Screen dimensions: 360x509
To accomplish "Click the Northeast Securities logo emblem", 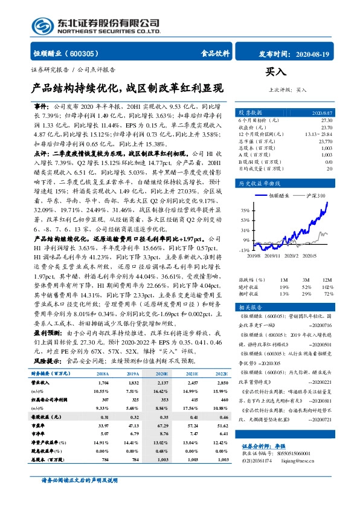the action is pyautogui.click(x=41, y=25).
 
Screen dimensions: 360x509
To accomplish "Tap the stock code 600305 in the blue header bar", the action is pyautogui.click(x=85, y=53).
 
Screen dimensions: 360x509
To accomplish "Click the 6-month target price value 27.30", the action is pyautogui.click(x=326, y=121).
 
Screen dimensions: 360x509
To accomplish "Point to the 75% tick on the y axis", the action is pyautogui.click(x=245, y=211).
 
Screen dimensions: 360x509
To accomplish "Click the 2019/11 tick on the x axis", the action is pyautogui.click(x=271, y=256).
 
